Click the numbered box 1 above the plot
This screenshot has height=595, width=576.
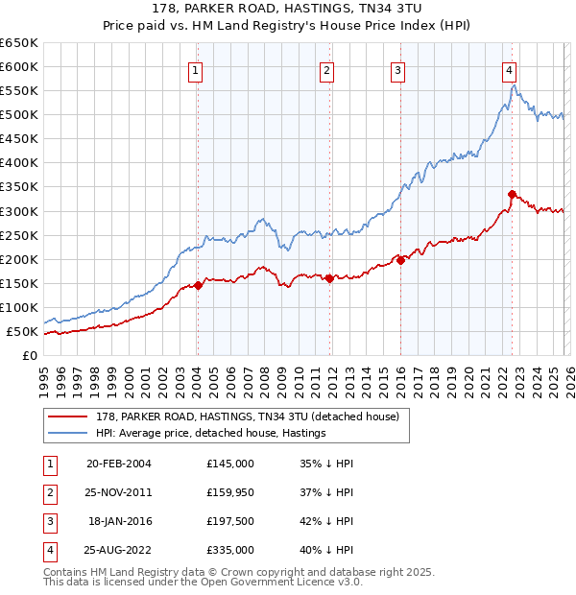pyautogui.click(x=196, y=69)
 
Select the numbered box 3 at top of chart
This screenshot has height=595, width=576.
pyautogui.click(x=397, y=69)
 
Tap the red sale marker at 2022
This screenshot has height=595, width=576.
pyautogui.click(x=512, y=194)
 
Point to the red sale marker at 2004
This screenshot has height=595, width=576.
pyautogui.click(x=198, y=285)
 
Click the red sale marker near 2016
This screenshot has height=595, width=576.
pyautogui.click(x=400, y=260)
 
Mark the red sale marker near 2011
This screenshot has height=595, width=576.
pyautogui.click(x=329, y=278)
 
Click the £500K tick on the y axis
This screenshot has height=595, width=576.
pyautogui.click(x=19, y=115)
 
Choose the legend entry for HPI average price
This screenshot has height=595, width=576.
pyautogui.click(x=210, y=433)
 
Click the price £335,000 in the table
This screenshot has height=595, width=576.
pyautogui.click(x=230, y=550)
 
